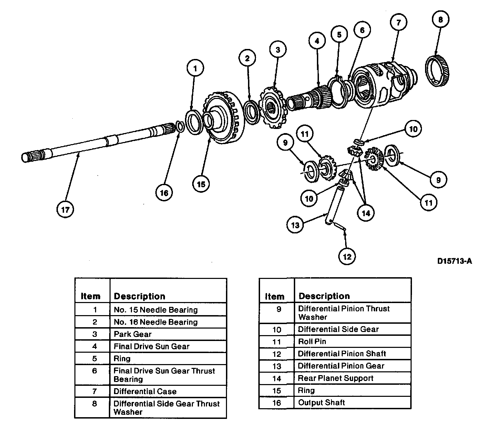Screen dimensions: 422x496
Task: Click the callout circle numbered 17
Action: [x=65, y=209]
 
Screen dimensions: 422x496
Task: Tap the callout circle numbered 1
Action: [x=195, y=68]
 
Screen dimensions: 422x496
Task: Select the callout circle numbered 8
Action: [x=440, y=20]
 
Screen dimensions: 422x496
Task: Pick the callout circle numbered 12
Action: [x=347, y=257]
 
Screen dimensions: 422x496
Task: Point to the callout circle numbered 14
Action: [x=366, y=213]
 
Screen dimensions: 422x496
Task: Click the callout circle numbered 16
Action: [x=164, y=193]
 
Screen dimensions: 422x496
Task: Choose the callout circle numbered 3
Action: [x=278, y=50]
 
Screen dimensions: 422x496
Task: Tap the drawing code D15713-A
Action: [x=454, y=261]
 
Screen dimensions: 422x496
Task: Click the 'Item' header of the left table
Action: [x=91, y=296]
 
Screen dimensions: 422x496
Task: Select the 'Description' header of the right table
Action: [x=324, y=296]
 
